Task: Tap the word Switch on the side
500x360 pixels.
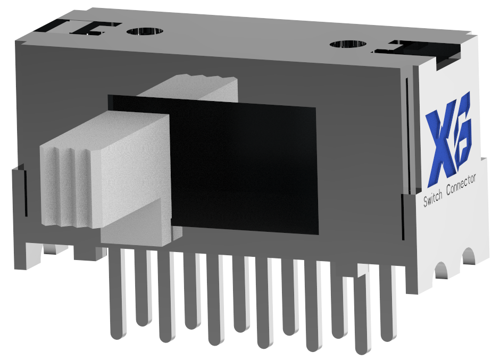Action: coord(433,198)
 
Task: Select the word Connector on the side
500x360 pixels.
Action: coord(461,185)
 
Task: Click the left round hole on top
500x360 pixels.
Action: coord(145,31)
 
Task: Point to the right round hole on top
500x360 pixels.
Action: coord(348,44)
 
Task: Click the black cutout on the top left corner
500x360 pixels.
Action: coord(77,27)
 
